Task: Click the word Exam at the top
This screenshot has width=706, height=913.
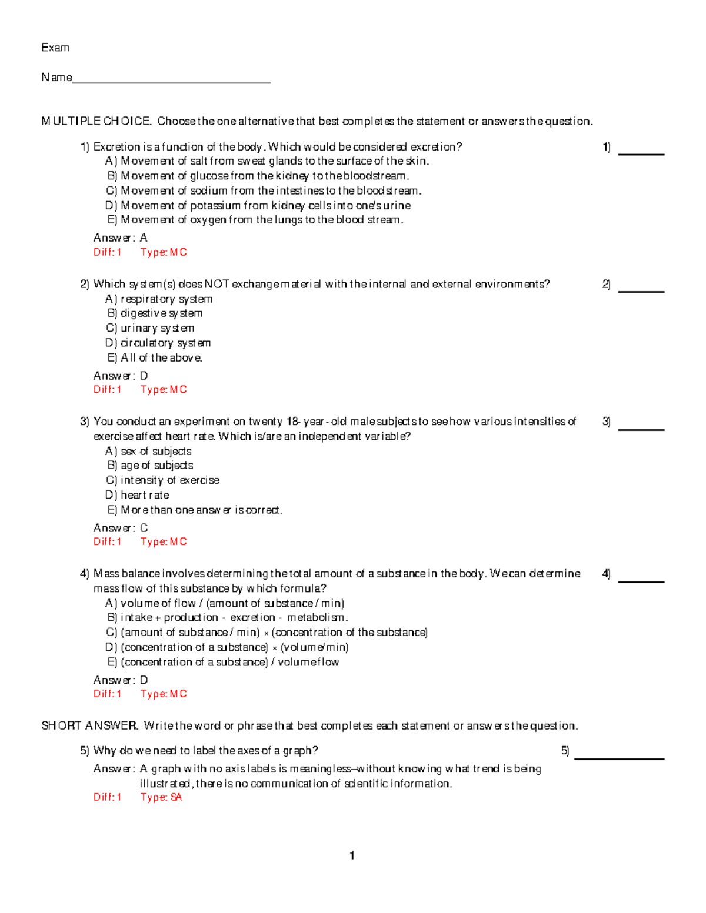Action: pos(55,48)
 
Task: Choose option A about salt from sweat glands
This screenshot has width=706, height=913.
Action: pos(267,161)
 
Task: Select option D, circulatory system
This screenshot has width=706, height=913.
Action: pos(158,343)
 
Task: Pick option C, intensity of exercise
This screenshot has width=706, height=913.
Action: pos(162,480)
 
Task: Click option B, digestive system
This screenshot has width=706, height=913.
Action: pos(155,313)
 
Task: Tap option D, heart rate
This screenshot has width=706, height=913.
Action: pos(137,495)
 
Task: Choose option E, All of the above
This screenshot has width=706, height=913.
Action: pos(155,357)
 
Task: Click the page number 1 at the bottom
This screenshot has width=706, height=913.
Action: pos(352,855)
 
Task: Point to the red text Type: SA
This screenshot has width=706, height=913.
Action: pos(161,797)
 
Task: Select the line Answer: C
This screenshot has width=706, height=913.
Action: pos(121,528)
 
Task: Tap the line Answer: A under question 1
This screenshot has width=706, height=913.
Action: pos(121,238)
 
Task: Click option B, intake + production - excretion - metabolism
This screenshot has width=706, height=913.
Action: pos(227,617)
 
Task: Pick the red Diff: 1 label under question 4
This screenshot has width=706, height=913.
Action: pos(108,694)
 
